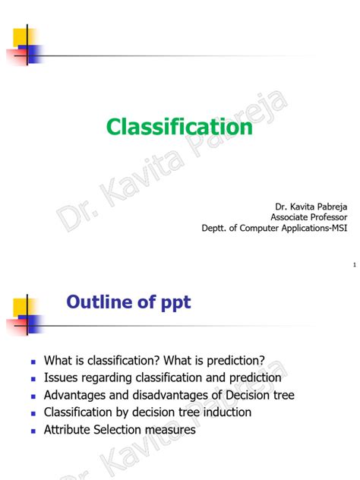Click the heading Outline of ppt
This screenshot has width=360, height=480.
click(128, 302)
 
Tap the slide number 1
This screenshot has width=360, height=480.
click(355, 265)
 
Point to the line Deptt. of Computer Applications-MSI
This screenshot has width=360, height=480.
click(274, 227)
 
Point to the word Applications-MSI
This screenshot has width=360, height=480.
click(307, 227)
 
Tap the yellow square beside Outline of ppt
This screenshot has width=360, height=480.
click(20, 307)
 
